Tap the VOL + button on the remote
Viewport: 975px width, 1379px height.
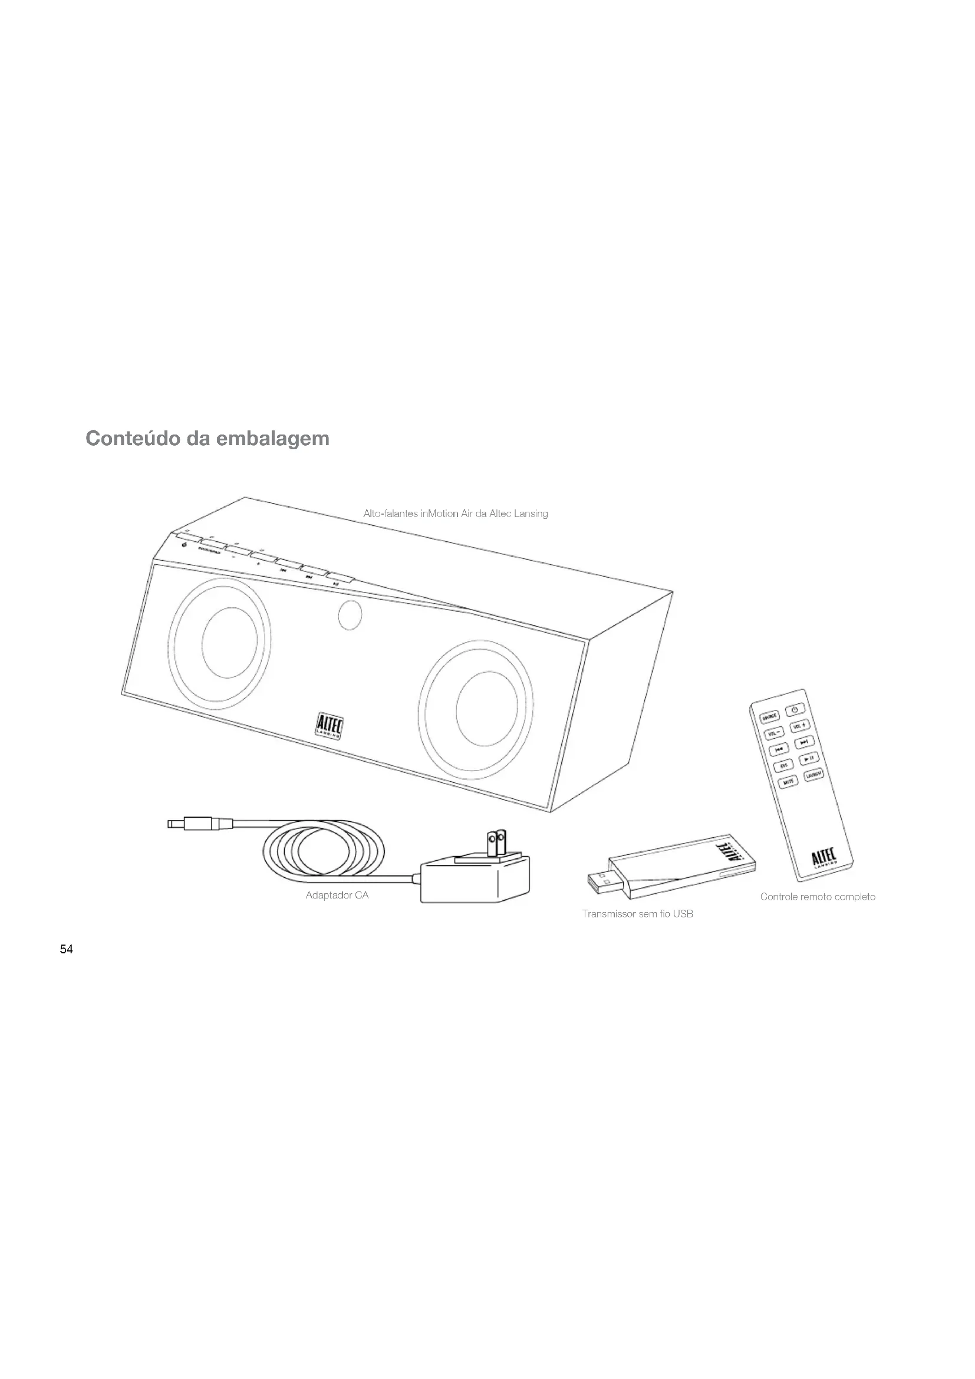coord(800,726)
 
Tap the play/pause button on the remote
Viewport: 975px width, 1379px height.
coord(809,759)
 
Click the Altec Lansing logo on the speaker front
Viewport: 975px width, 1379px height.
coord(329,726)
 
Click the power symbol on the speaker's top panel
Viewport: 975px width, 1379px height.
coord(184,545)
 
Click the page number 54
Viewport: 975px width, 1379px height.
coord(66,949)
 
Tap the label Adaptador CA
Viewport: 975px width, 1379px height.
coord(337,895)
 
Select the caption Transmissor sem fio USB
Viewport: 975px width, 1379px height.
coord(637,913)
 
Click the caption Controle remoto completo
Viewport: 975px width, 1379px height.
coord(817,897)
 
